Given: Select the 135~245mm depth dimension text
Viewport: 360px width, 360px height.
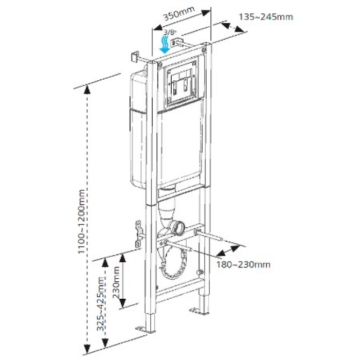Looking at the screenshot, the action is pyautogui.click(x=266, y=17).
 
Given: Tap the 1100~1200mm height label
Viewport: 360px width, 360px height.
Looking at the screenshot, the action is pyautogui.click(x=81, y=221).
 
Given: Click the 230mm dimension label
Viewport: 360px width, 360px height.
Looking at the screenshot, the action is pyautogui.click(x=116, y=282).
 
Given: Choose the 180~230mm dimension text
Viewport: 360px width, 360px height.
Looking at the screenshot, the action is pyautogui.click(x=243, y=264).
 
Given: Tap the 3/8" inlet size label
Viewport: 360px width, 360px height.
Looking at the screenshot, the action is pyautogui.click(x=169, y=32).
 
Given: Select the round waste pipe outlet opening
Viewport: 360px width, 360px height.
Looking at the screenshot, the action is pyautogui.click(x=178, y=228).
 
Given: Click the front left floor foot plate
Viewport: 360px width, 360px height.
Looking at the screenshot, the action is pyautogui.click(x=143, y=330).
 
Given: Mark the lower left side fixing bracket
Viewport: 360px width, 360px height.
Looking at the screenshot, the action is pyautogui.click(x=139, y=233).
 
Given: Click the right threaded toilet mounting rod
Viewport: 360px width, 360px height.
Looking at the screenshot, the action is pyautogui.click(x=208, y=236).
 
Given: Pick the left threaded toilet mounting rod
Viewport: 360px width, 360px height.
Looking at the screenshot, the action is pyautogui.click(x=177, y=245).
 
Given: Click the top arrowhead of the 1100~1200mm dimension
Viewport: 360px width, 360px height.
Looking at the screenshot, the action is pyautogui.click(x=87, y=89).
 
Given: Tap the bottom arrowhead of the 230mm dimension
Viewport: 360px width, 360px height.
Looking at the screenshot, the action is pyautogui.click(x=123, y=303).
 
